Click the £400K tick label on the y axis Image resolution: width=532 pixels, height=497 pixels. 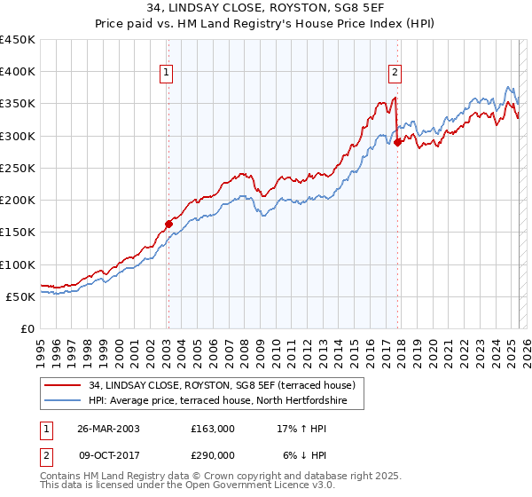pos(18,72)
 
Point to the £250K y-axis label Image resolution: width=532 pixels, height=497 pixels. pos(18,168)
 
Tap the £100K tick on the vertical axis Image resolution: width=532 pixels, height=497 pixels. pos(18,264)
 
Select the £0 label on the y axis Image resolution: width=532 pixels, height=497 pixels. pos(27,328)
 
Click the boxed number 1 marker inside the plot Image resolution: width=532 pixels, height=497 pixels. pos(167,74)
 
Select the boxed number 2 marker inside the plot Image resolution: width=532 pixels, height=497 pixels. pos(395,74)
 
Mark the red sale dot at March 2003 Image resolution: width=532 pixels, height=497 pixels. pos(168,224)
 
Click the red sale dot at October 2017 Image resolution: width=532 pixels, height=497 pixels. pos(398,142)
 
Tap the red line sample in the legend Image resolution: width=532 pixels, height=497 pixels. pos(63,385)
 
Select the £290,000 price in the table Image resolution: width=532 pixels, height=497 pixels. pos(213,454)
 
